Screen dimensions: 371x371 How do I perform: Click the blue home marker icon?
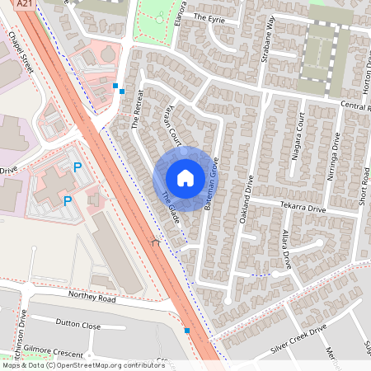click(185, 177)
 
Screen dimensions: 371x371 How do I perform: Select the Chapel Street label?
click(20, 56)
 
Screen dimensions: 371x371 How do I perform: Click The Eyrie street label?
click(209, 16)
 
